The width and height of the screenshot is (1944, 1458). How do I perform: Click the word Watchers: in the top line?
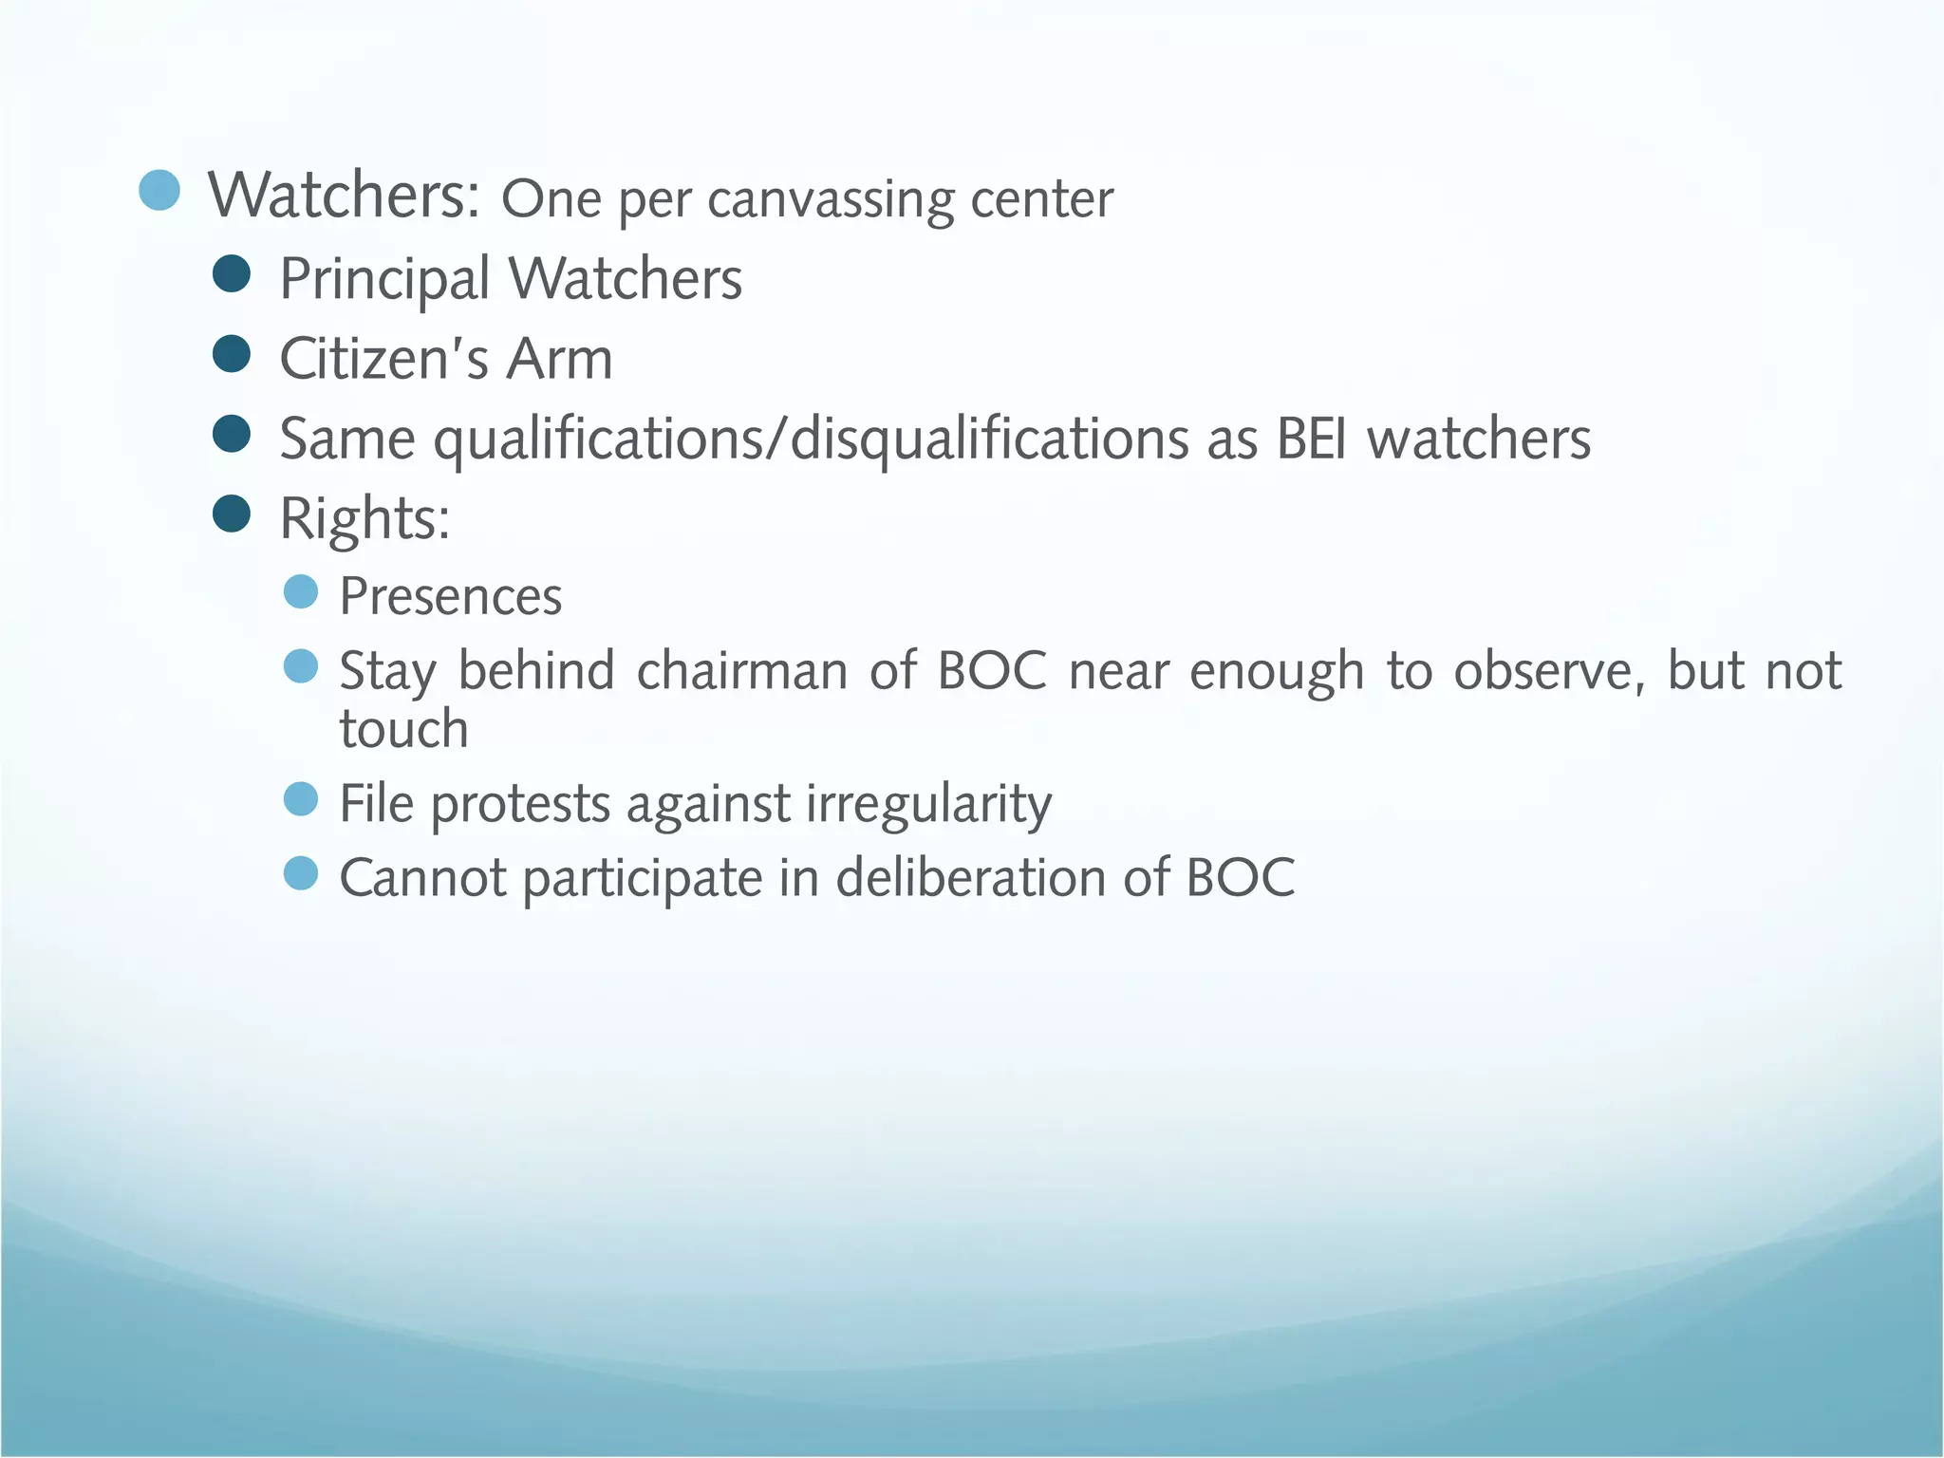[x=345, y=196]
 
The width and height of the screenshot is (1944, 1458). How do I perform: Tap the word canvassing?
[x=831, y=200]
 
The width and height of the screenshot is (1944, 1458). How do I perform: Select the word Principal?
[x=384, y=280]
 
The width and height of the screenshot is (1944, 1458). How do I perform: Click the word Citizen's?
[x=384, y=360]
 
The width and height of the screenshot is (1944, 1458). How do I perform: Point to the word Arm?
[x=559, y=360]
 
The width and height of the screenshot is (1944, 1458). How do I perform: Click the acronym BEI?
[x=1311, y=439]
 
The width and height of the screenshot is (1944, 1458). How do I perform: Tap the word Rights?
[x=364, y=519]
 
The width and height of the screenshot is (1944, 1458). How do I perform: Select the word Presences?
[x=451, y=597]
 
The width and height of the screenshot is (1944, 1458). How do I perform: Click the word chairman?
[x=742, y=671]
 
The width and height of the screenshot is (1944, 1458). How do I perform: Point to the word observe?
[x=1551, y=671]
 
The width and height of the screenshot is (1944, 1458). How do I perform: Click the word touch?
[x=404, y=729]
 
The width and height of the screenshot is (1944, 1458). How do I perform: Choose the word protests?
[x=519, y=804]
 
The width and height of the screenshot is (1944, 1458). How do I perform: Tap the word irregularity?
[x=928, y=804]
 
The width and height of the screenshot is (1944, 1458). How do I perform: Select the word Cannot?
[x=422, y=878]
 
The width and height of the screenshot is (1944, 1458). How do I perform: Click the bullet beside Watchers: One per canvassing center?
[x=159, y=190]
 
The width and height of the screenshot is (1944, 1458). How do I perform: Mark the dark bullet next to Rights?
[x=232, y=514]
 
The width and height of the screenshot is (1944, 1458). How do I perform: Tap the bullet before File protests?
[x=301, y=799]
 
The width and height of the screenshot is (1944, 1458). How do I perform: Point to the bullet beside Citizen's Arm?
[x=232, y=354]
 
